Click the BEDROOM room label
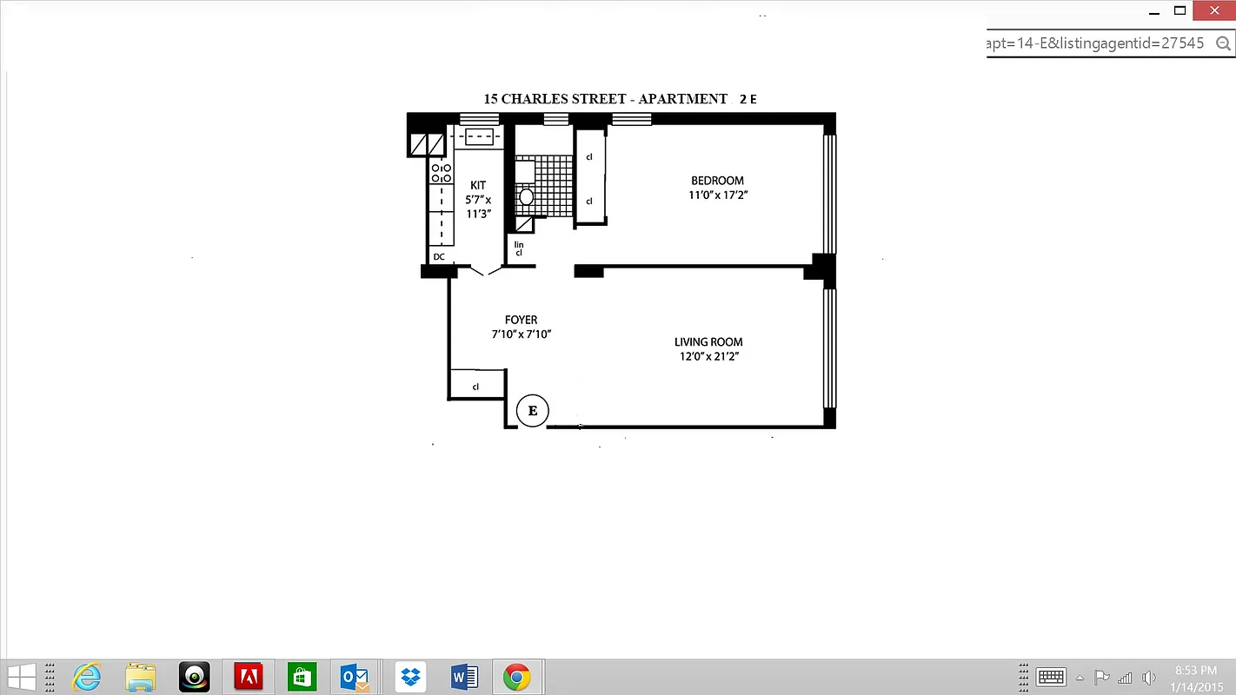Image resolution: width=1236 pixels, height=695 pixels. coord(717,181)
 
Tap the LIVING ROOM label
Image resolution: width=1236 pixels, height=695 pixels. coord(708,342)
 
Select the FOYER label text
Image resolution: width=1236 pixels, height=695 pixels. coord(521,320)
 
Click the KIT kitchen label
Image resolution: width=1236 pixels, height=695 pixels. coord(478,185)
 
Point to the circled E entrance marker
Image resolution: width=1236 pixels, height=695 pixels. coord(533,411)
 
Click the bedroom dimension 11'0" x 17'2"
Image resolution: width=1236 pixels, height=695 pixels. coord(717,195)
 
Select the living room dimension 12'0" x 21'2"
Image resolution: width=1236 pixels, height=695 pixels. coord(709,356)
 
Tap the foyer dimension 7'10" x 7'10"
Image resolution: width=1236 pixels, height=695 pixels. coord(521,334)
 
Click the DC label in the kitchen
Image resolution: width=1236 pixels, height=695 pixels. coord(439,257)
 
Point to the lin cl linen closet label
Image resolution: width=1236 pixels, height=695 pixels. coord(519,248)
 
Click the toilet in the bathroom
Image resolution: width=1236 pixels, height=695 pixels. coord(526,196)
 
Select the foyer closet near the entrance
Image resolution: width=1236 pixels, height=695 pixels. coord(476,384)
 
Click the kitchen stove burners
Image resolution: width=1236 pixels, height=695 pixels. coord(442,172)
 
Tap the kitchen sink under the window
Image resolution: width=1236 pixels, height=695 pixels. coord(478,136)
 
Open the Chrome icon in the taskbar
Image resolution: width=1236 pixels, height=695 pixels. coord(516,676)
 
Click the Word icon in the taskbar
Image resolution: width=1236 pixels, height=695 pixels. coord(464,676)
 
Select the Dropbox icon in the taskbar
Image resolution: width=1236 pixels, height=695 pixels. coord(410,676)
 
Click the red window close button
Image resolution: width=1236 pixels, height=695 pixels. coord(1214,10)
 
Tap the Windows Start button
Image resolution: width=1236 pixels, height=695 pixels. coord(22,676)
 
